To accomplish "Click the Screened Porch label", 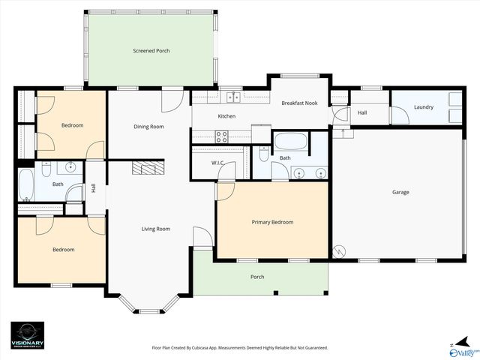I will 151,51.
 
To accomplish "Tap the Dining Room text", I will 148,127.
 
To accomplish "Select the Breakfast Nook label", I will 299,103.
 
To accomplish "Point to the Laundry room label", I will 424,107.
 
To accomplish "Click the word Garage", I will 400,192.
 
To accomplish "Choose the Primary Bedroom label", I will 272,222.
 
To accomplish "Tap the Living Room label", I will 156,229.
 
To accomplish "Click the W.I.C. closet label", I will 218,163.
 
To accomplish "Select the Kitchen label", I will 226,116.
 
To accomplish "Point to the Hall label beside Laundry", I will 362,112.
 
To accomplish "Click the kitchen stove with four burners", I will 222,136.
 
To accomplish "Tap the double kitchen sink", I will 233,97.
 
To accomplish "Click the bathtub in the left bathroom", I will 25,184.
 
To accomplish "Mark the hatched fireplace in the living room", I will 148,167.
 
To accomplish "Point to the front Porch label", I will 257,277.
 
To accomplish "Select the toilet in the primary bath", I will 263,153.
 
